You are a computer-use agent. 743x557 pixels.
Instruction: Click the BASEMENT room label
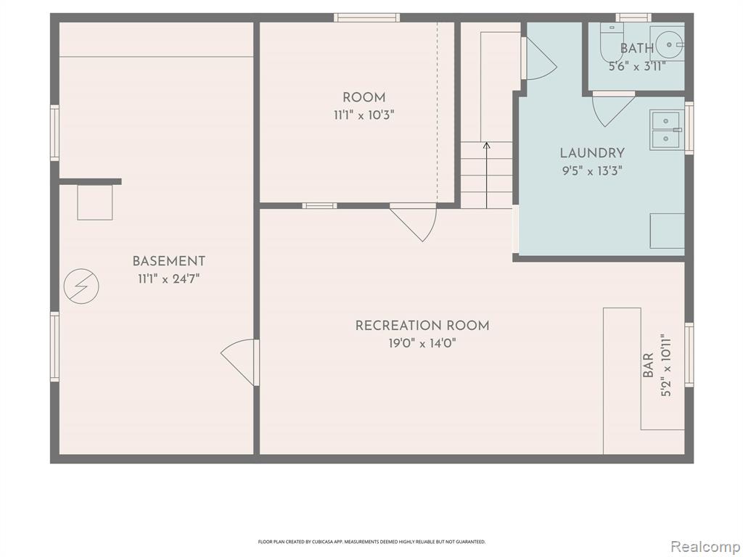(x=168, y=261)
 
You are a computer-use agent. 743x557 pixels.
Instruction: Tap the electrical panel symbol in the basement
(x=81, y=286)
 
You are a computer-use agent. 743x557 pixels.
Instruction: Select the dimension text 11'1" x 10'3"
(x=364, y=115)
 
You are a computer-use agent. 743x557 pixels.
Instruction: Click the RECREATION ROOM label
(x=422, y=326)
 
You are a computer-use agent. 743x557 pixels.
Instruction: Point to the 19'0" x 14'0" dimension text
(x=422, y=343)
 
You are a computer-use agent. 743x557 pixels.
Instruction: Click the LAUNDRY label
(x=592, y=153)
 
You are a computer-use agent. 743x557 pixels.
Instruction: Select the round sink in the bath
(x=668, y=44)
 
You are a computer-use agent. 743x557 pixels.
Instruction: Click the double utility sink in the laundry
(x=666, y=129)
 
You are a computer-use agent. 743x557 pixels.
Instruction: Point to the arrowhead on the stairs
(x=487, y=145)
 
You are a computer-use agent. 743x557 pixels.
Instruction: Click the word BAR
(x=648, y=365)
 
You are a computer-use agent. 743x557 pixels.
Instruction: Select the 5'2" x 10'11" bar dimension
(x=666, y=365)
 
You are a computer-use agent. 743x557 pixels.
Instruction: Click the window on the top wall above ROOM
(x=366, y=18)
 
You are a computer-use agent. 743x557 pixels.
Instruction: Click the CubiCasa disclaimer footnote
(x=371, y=541)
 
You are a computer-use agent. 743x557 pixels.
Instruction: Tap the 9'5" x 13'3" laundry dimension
(x=592, y=170)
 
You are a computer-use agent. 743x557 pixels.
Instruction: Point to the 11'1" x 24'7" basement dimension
(x=168, y=278)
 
